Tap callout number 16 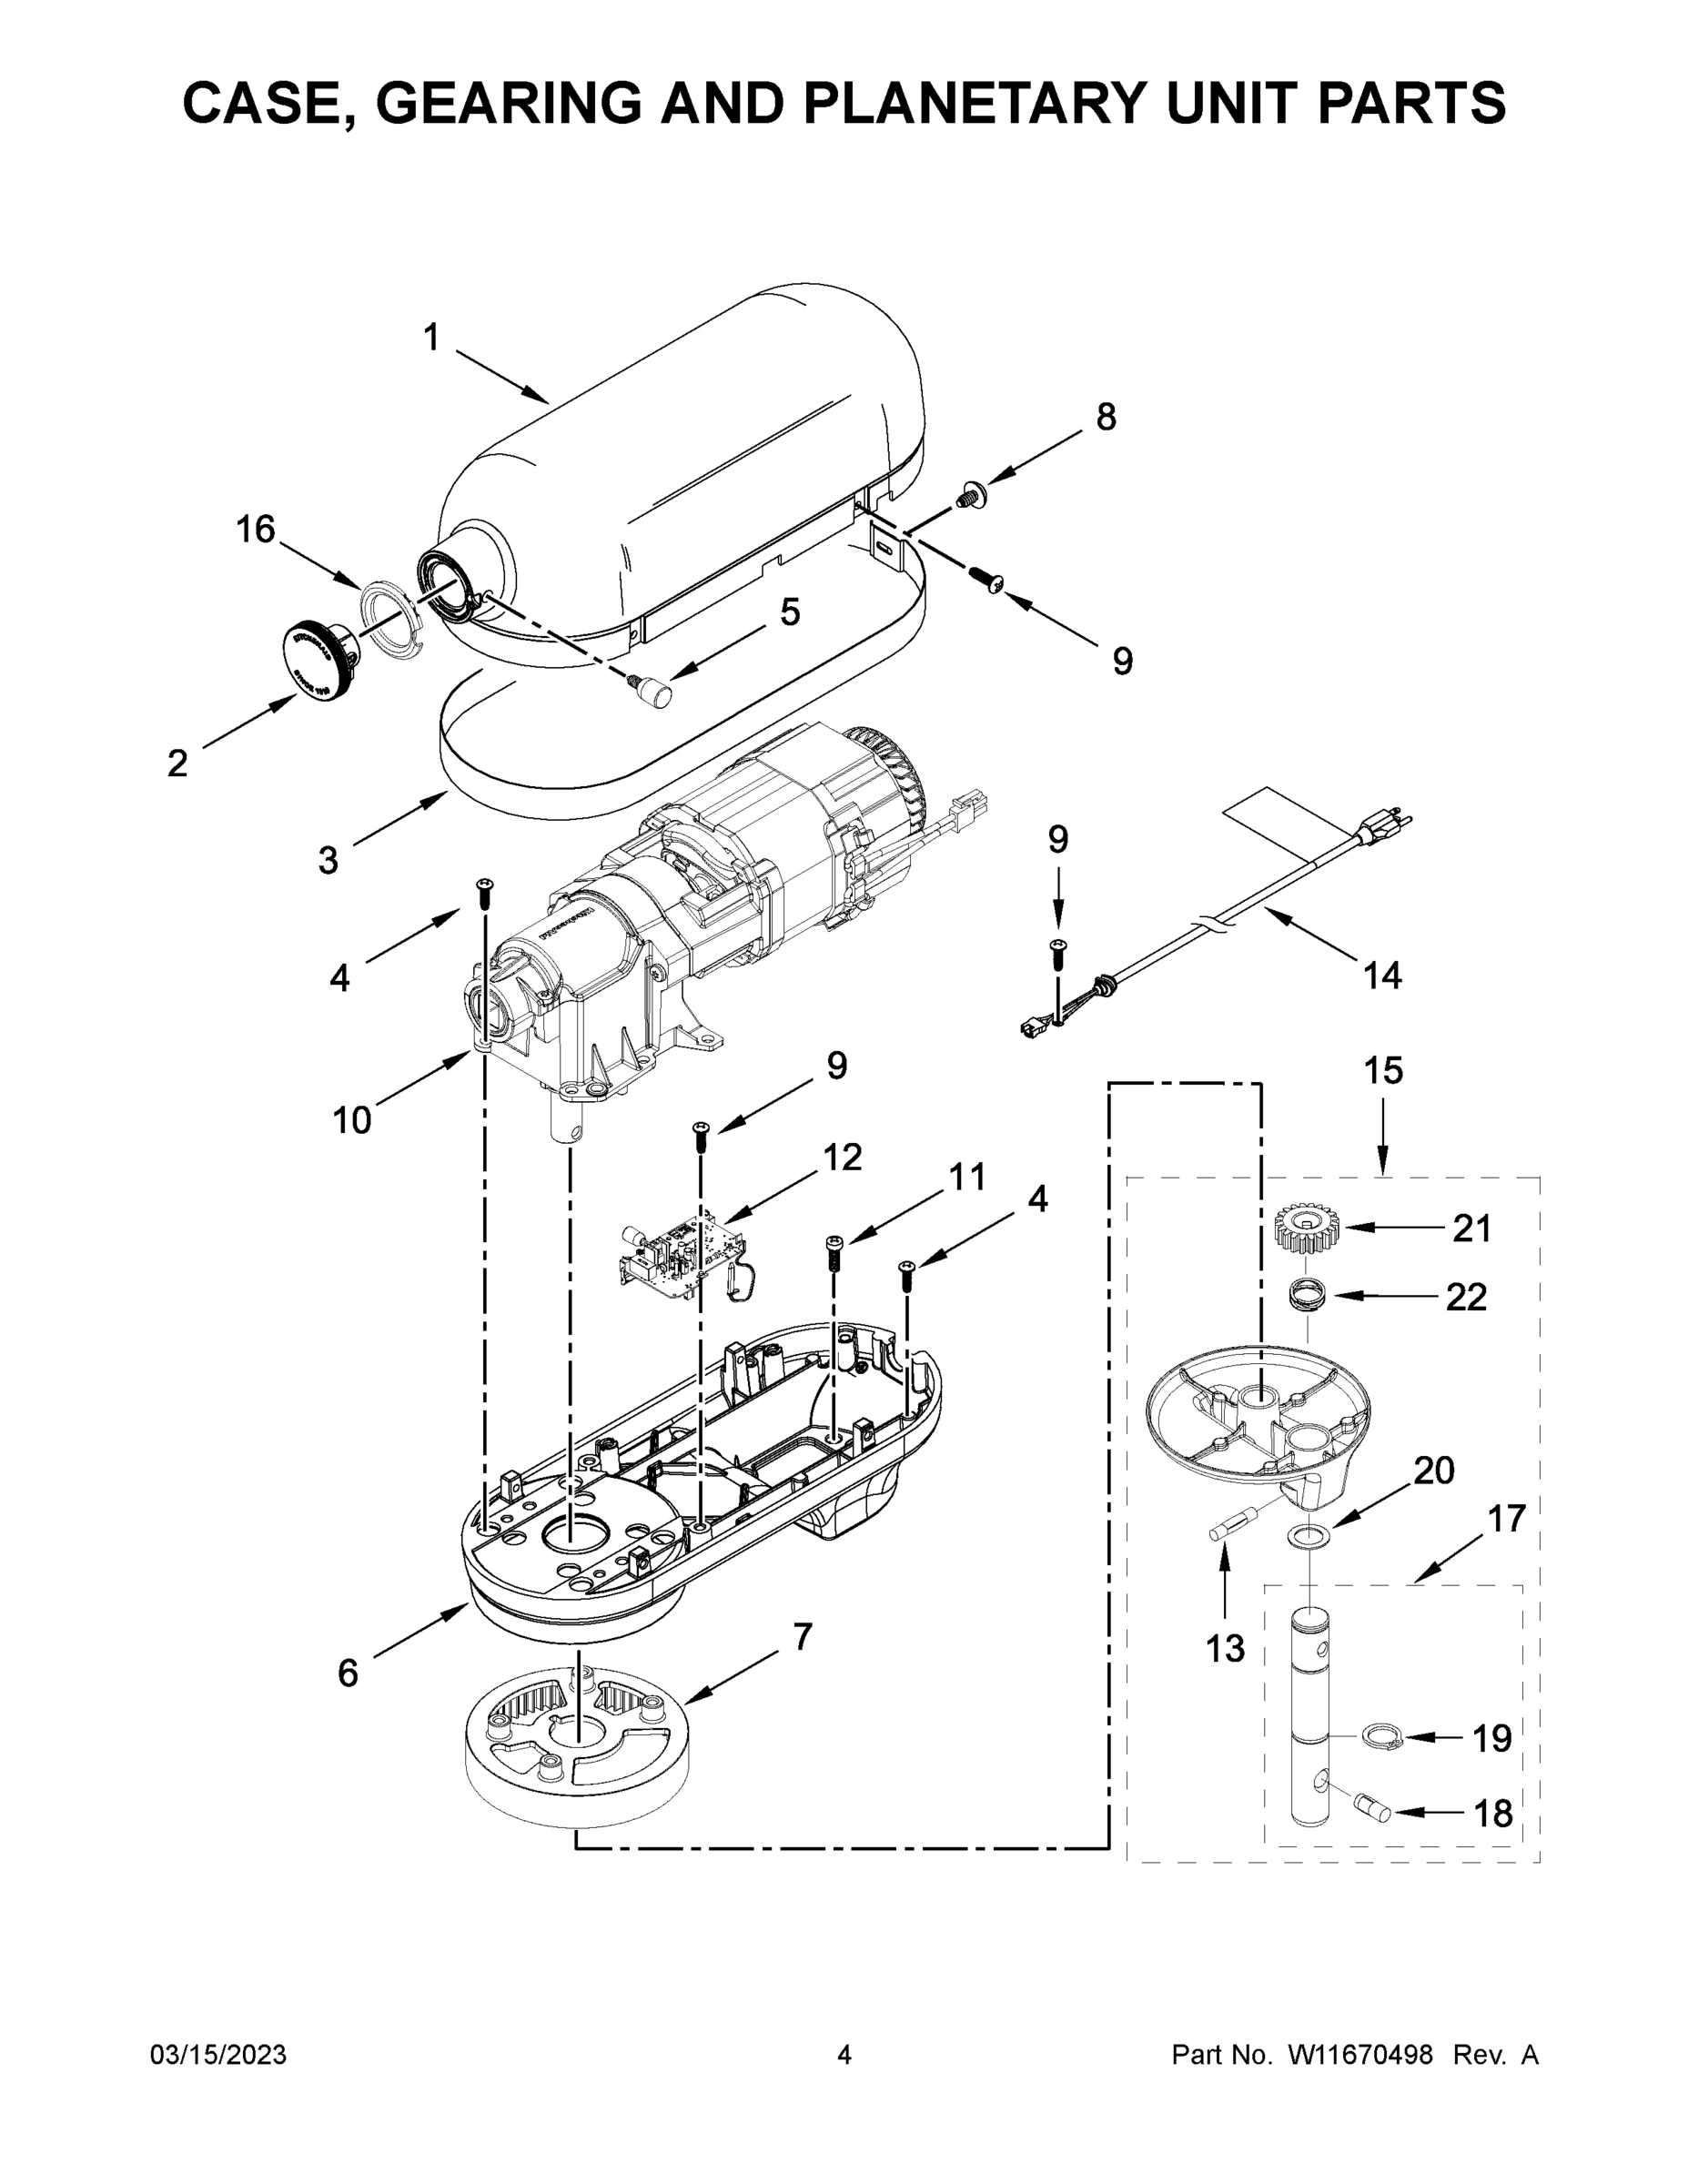255,529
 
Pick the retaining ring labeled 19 1382,1738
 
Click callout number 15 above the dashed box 1384,1070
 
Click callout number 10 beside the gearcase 351,1120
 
